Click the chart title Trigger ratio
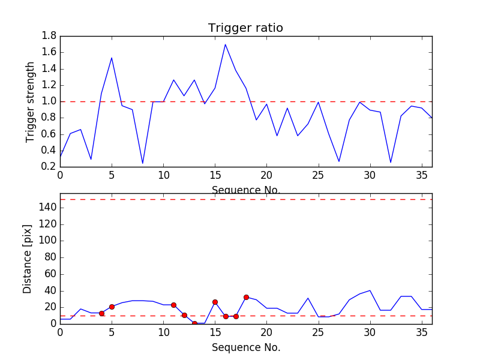[245, 28]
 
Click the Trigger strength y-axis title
[31, 101]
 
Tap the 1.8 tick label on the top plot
[49, 36]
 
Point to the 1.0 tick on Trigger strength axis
[49, 101]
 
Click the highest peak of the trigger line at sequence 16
[225, 44]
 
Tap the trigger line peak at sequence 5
[112, 58]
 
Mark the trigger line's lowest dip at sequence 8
[143, 163]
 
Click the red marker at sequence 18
[246, 297]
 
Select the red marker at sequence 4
[101, 313]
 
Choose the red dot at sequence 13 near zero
[194, 323]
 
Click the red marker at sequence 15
[215, 302]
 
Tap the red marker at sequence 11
[173, 305]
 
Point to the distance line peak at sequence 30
[370, 290]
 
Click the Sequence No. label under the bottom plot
[245, 347]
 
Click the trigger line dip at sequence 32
[391, 163]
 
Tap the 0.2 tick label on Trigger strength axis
[49, 167]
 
